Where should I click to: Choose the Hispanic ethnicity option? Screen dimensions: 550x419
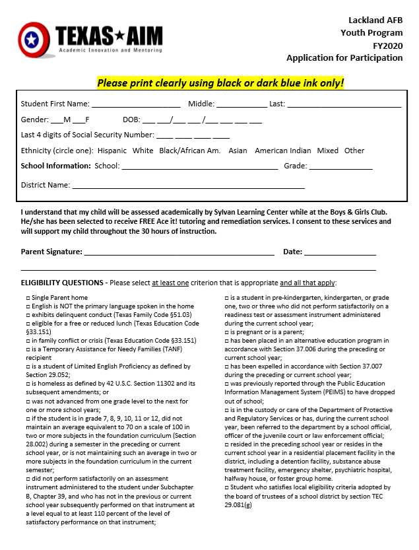(x=112, y=151)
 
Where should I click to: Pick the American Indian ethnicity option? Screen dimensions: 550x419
(x=282, y=151)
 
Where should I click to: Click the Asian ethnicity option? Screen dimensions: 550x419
(x=238, y=151)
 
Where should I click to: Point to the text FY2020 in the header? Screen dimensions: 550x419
(x=385, y=45)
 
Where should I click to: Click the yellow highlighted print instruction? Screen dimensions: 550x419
(x=220, y=83)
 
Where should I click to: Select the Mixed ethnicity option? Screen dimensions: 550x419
(x=327, y=151)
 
